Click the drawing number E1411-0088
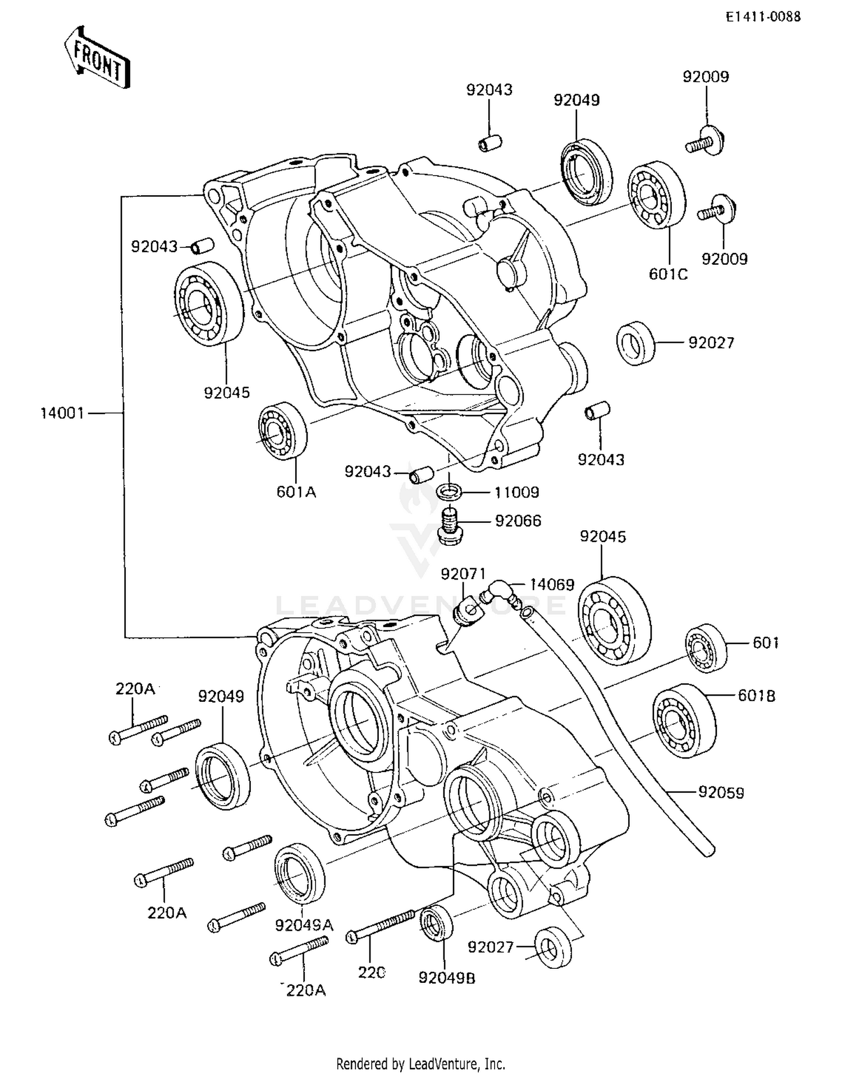click(x=763, y=17)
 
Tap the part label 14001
click(x=62, y=413)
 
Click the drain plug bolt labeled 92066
click(x=449, y=526)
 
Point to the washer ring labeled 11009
click(x=449, y=493)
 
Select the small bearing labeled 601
click(x=706, y=648)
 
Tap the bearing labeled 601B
click(x=684, y=717)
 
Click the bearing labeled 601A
click(x=282, y=431)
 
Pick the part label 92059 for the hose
click(x=721, y=792)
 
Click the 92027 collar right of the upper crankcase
click(x=636, y=343)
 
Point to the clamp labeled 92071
click(x=466, y=611)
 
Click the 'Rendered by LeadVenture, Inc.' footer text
click(x=420, y=1063)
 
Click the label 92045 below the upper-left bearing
click(x=227, y=393)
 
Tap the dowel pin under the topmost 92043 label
click(x=489, y=143)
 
